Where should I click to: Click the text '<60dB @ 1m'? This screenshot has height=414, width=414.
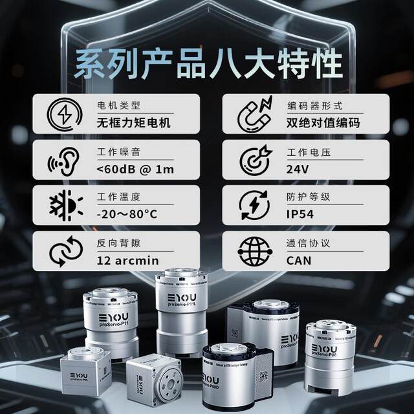tap(135, 170)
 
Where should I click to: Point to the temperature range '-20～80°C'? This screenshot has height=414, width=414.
tap(127, 214)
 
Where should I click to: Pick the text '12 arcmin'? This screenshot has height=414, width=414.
tap(128, 261)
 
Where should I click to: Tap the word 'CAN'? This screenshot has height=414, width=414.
tap(298, 261)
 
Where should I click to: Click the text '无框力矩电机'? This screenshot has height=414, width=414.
tap(130, 123)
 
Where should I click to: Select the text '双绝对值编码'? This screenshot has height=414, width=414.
tap(322, 123)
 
